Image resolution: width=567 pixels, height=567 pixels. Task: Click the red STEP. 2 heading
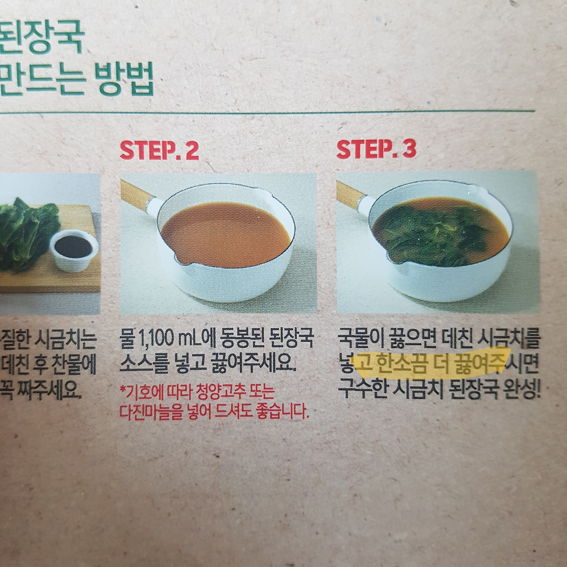tap(159, 150)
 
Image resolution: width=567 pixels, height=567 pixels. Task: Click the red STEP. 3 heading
tap(376, 149)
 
